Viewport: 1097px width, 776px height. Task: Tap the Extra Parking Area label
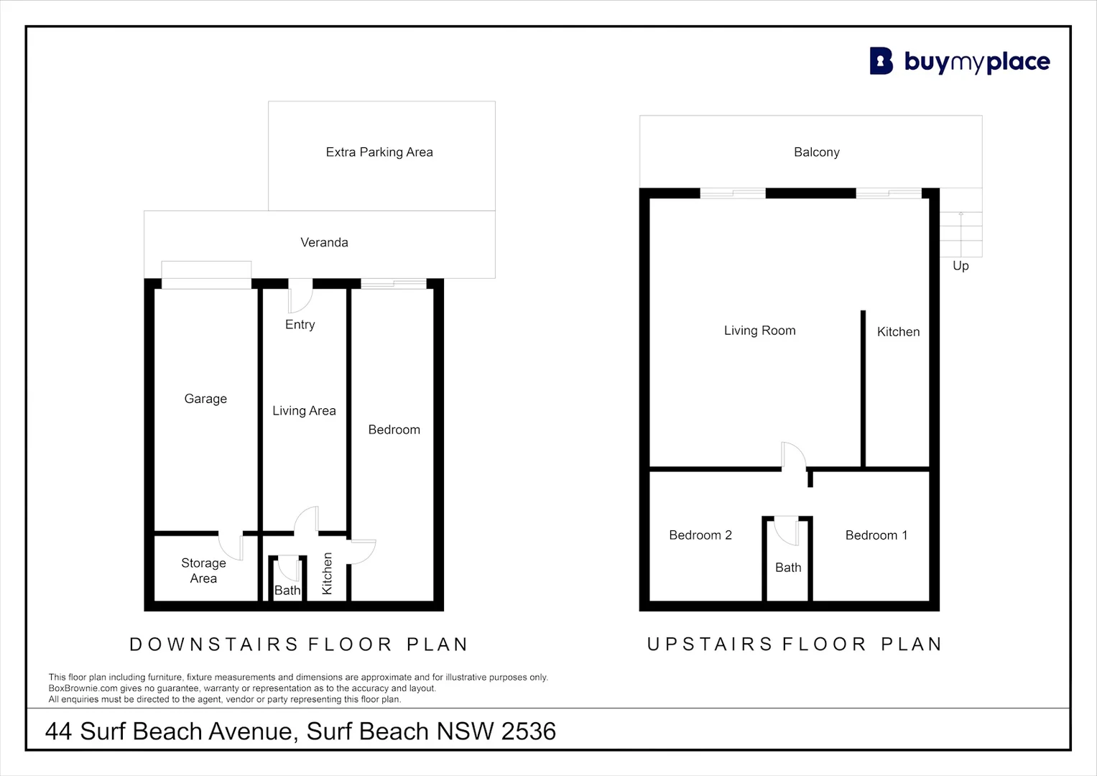tap(379, 152)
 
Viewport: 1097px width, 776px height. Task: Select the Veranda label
tap(324, 243)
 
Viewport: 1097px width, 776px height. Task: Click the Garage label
tap(205, 399)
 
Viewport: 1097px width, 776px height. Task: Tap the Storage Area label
tap(204, 571)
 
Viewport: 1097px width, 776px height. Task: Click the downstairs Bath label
tap(287, 591)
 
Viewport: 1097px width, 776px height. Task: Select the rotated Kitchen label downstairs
tap(327, 573)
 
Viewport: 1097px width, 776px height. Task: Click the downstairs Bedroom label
tap(394, 430)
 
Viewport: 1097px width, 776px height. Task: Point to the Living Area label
tap(304, 410)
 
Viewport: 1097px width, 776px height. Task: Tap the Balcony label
tap(817, 152)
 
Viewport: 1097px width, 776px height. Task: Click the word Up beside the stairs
tap(961, 266)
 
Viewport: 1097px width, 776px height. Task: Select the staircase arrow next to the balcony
tap(961, 234)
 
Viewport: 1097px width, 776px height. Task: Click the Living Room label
tap(760, 331)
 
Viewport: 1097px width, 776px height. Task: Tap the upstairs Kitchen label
tap(898, 332)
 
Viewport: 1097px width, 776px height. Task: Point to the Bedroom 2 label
tap(700, 535)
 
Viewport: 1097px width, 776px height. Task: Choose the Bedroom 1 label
tap(876, 535)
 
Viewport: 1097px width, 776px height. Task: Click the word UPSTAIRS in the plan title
tap(710, 645)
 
